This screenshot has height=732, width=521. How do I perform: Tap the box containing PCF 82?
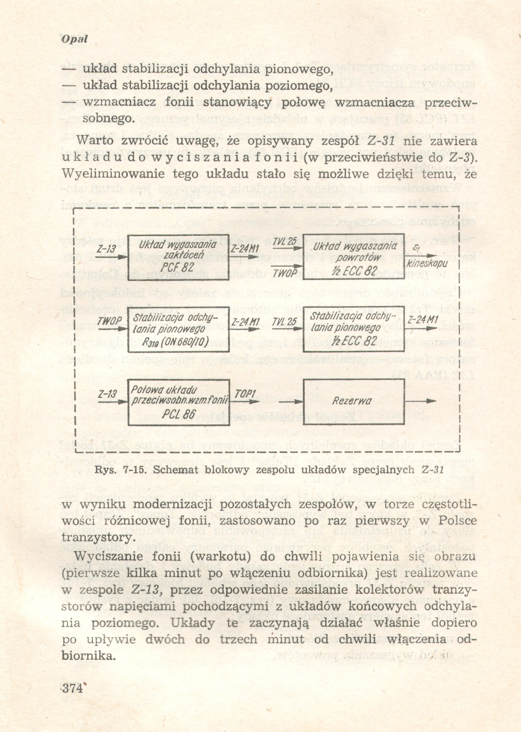178,257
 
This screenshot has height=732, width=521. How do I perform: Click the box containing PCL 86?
179,402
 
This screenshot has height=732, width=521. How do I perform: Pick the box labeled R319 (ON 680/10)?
179,329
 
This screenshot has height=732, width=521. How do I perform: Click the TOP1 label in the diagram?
245,394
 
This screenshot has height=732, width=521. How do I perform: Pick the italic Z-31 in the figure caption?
432,470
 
